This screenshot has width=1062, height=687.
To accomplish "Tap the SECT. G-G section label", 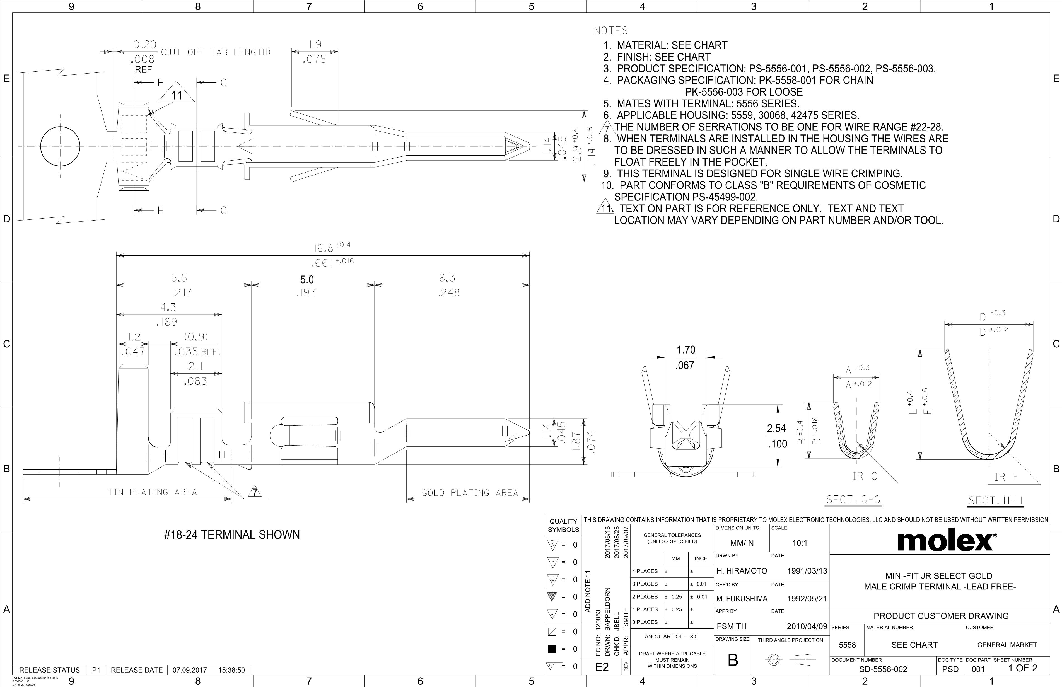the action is tap(853, 500).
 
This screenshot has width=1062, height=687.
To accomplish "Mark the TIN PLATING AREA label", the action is tap(153, 492).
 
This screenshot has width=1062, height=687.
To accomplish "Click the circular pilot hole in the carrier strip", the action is tap(61, 146).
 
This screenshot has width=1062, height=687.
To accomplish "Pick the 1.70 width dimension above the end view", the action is tap(686, 350).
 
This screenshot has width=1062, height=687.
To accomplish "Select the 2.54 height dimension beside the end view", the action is tap(776, 428).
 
